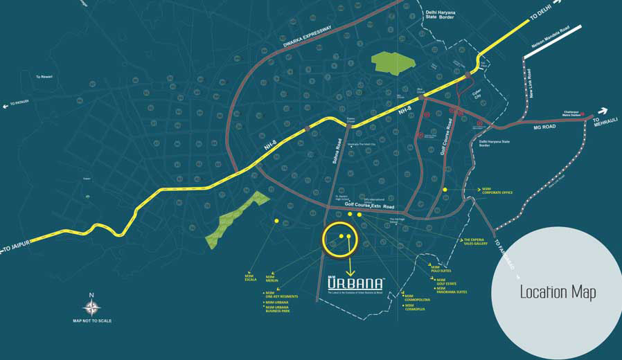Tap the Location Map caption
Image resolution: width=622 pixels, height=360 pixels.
tap(558, 292)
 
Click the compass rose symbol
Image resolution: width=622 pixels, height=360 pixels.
tap(91, 305)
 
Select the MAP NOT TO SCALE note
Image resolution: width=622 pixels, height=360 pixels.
tap(91, 321)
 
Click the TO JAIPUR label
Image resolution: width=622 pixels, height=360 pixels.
tap(17, 246)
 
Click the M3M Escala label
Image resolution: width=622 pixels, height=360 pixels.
tap(250, 278)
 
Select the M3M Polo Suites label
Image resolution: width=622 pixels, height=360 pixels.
tap(441, 269)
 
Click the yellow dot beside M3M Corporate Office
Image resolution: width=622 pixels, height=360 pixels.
tap(445, 189)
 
